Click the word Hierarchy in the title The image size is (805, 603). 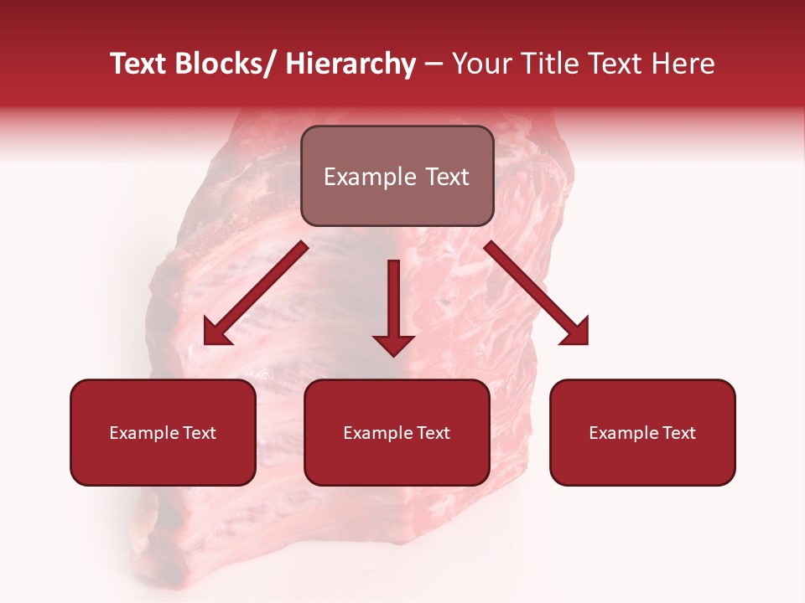[x=351, y=64]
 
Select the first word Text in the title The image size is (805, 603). [x=140, y=64]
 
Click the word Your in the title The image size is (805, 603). [x=478, y=64]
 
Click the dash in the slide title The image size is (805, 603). [x=434, y=65]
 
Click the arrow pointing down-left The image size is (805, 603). [x=256, y=294]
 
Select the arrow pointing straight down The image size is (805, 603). [x=393, y=301]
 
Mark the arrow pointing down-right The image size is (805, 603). [x=537, y=294]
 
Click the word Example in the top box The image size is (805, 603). [x=369, y=178]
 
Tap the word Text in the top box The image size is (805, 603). [x=446, y=178]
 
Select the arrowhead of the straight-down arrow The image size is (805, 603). [x=393, y=345]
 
